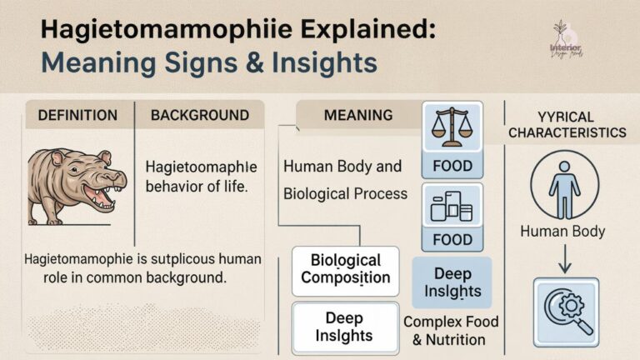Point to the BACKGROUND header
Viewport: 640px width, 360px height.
[199, 115]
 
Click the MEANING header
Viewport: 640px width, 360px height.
[358, 114]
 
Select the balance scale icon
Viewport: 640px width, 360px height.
[452, 127]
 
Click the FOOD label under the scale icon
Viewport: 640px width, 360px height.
[452, 166]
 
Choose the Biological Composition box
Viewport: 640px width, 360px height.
[345, 269]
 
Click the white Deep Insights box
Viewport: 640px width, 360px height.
[344, 327]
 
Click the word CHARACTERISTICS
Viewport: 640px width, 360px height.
[567, 132]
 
